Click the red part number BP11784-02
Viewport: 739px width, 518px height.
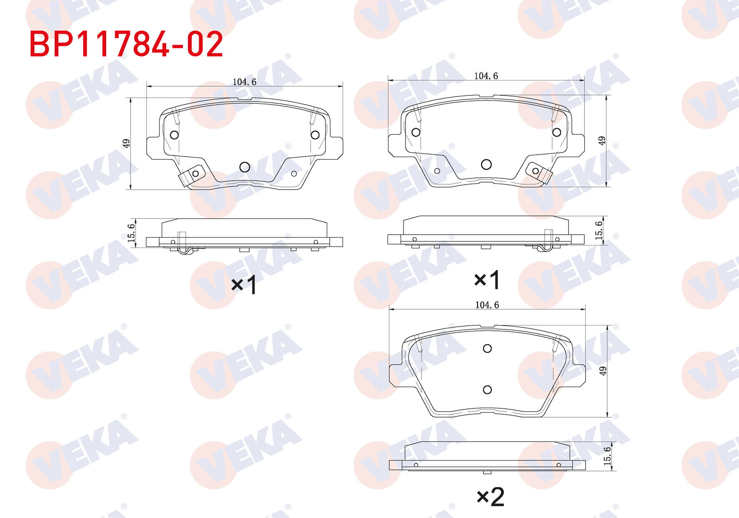pos(126,44)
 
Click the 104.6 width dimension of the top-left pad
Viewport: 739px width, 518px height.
pos(244,82)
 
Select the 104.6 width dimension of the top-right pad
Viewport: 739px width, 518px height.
pos(486,76)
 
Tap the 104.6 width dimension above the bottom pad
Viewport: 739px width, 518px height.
pos(487,305)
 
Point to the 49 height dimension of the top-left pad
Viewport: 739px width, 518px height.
pos(126,143)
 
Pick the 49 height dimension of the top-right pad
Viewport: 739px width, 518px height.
pos(601,141)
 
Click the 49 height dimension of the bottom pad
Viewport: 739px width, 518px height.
pos(603,371)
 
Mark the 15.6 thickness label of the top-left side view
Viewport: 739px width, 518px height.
pos(131,233)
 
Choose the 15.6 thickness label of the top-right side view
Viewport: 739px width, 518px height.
pos(599,230)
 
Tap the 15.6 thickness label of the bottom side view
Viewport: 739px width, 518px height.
pos(607,456)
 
